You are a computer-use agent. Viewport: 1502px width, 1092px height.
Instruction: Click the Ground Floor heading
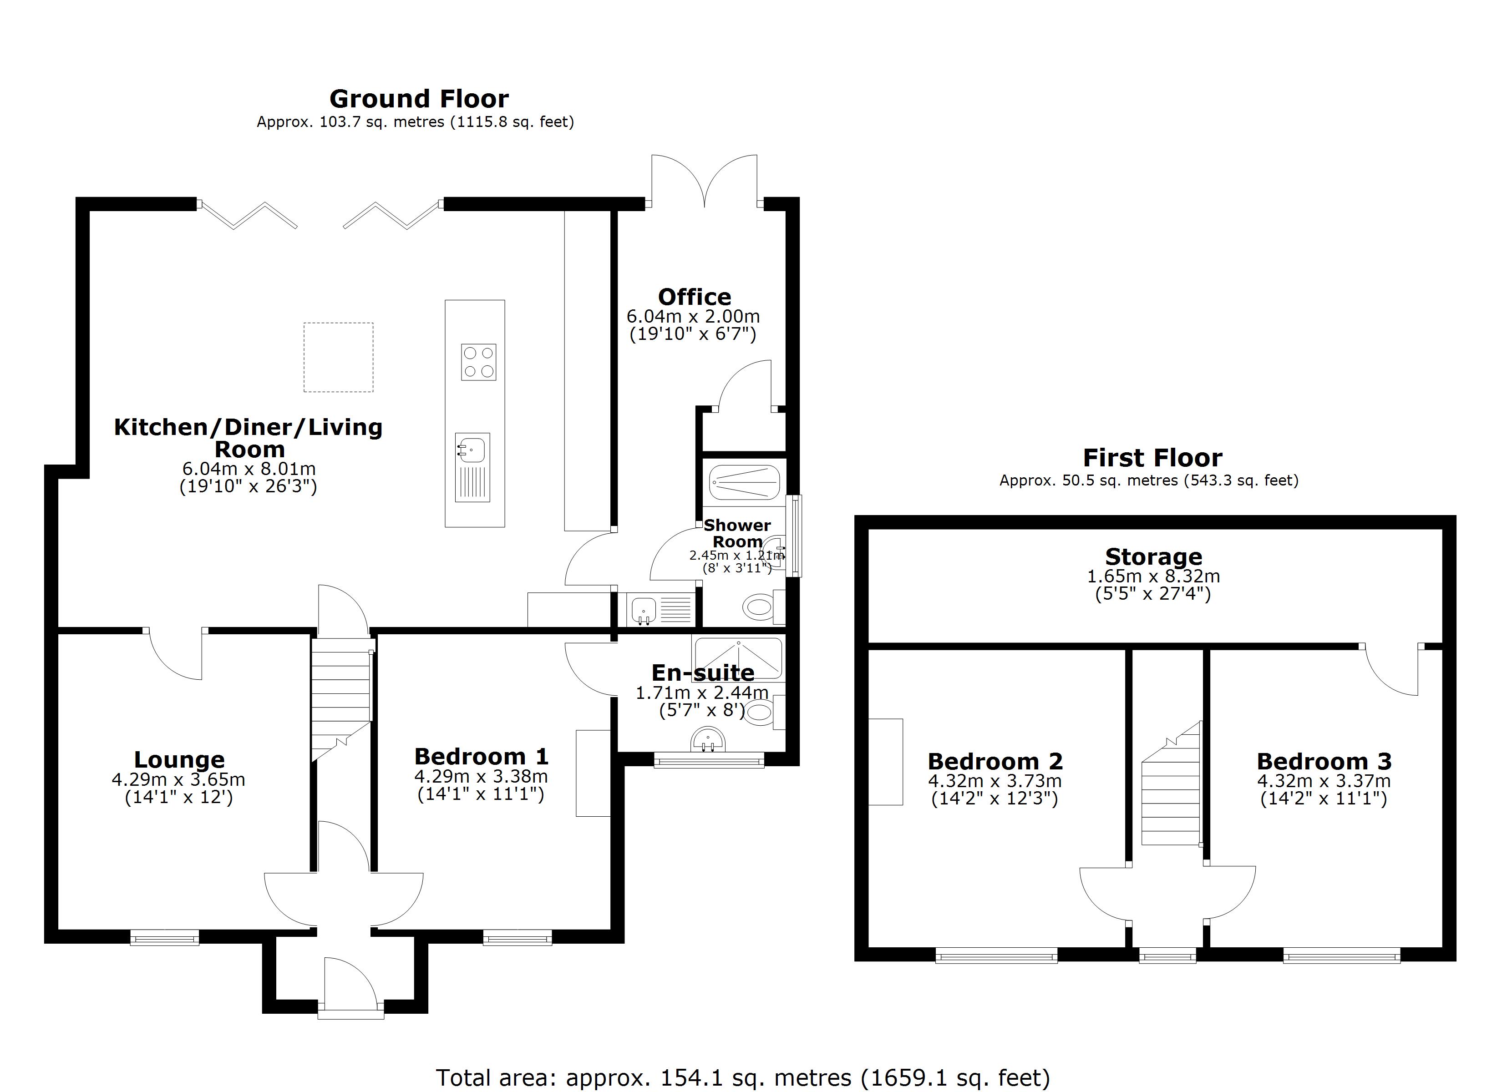419,99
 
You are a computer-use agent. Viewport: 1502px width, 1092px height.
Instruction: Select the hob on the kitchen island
478,362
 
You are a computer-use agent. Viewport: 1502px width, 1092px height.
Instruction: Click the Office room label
694,297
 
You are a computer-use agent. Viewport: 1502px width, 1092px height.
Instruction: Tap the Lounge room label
179,759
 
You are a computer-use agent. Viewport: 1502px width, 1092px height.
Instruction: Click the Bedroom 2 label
995,762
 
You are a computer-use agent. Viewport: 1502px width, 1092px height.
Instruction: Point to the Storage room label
1153,557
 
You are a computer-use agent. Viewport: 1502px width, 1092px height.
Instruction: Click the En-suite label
703,673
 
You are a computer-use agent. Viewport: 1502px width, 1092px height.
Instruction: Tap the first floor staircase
1171,788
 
